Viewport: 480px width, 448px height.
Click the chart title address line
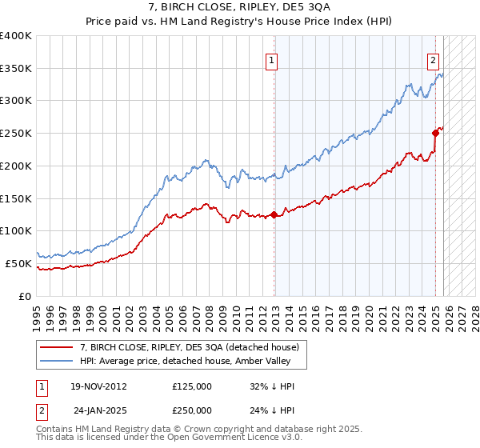tap(240, 7)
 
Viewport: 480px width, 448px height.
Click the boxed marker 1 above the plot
tap(272, 60)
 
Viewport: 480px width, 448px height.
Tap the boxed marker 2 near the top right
tap(433, 60)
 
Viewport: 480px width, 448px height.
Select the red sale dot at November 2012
tap(274, 214)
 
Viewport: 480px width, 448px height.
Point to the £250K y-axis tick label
tap(16, 133)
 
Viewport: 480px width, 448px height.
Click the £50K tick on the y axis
tap(18, 263)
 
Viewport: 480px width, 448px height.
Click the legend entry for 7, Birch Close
tap(190, 347)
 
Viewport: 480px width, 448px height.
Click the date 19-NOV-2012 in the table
tap(98, 386)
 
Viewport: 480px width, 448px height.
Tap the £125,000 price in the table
tap(192, 386)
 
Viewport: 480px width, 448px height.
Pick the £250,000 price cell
tap(192, 410)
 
